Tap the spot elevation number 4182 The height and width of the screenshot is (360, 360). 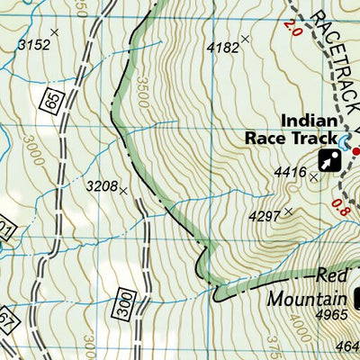[x=222, y=46]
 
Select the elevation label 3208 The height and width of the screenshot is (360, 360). [x=101, y=186]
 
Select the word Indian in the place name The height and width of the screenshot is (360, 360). [x=309, y=121]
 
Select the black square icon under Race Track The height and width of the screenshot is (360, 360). [x=329, y=161]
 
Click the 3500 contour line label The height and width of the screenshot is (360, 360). [x=141, y=89]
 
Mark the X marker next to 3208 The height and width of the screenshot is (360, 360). [x=122, y=191]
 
